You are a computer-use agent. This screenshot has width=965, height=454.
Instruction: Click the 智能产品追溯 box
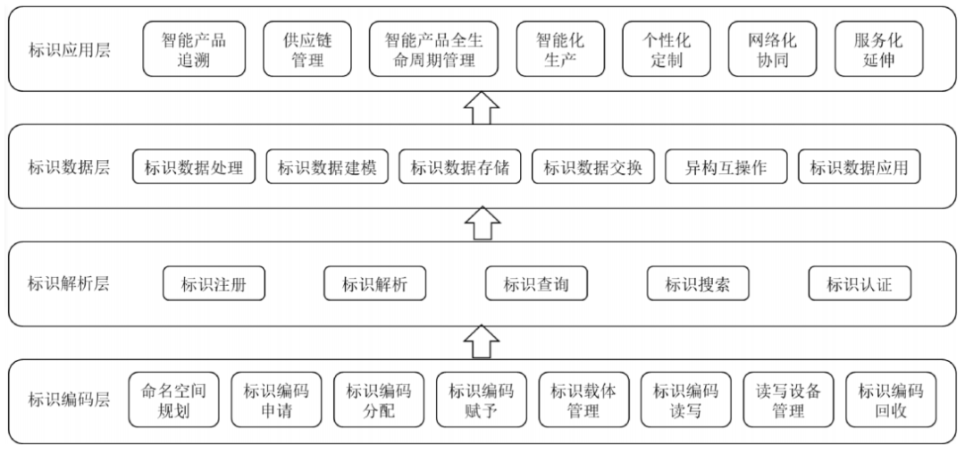194,49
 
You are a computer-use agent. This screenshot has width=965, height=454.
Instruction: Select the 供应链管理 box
307,49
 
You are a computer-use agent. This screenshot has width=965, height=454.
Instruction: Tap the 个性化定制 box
667,49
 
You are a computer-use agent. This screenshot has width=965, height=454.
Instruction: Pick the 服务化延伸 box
879,49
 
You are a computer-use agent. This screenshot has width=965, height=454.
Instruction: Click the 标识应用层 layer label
70,50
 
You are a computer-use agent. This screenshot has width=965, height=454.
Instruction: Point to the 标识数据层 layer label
70,167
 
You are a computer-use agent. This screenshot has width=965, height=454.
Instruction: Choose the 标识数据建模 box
327,167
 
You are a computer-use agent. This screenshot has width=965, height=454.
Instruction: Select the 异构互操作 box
726,167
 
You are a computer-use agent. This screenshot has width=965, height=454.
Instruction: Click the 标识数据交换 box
593,167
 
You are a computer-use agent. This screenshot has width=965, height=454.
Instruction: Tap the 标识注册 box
214,283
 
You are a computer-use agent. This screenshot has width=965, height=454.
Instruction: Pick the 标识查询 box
537,283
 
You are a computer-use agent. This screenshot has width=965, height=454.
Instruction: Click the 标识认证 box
860,283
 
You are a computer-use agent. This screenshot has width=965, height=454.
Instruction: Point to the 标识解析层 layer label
70,284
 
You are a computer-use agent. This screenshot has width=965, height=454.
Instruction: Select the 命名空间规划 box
173,399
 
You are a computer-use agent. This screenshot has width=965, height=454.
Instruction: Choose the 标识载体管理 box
584,399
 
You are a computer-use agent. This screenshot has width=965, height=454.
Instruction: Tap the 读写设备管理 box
788,399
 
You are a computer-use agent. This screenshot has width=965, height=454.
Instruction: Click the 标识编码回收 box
891,399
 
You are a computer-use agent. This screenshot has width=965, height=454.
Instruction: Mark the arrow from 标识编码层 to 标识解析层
482,341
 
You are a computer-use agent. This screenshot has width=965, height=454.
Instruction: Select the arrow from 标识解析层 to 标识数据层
482,224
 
